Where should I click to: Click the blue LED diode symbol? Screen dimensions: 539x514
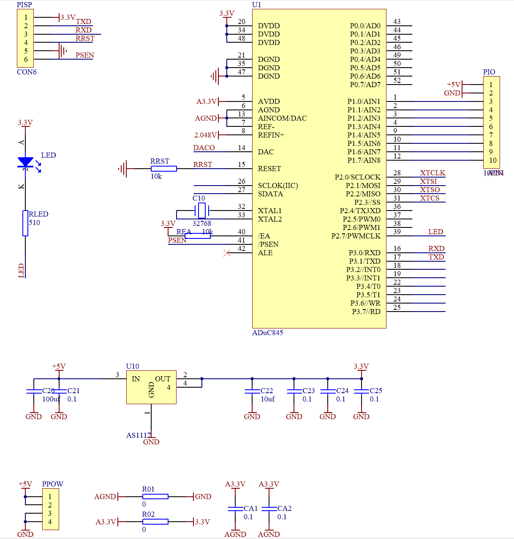(x=25, y=162)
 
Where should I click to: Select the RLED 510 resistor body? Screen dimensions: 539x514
(x=25, y=223)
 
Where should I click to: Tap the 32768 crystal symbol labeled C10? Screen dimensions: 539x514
(x=202, y=210)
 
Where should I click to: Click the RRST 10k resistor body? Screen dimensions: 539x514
(x=163, y=169)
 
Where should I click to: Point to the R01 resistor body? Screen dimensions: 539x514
(x=155, y=497)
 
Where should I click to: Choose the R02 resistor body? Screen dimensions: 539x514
(x=155, y=522)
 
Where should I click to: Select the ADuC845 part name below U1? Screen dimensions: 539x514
(x=267, y=333)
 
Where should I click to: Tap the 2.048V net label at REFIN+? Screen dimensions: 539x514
(x=205, y=135)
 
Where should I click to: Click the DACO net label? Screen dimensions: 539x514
(x=204, y=148)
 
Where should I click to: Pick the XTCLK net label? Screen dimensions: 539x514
(x=432, y=173)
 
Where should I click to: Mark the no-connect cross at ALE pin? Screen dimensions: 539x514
(x=227, y=253)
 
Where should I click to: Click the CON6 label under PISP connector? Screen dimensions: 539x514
(x=27, y=72)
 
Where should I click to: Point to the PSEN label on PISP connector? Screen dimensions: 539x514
(x=84, y=55)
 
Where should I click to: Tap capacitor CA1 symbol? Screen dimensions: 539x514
(x=235, y=509)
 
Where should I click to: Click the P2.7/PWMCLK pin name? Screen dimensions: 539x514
(x=356, y=236)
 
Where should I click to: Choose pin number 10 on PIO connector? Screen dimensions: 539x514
(x=493, y=160)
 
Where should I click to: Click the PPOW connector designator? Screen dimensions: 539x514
(x=52, y=484)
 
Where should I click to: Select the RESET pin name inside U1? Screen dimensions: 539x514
(x=269, y=169)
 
